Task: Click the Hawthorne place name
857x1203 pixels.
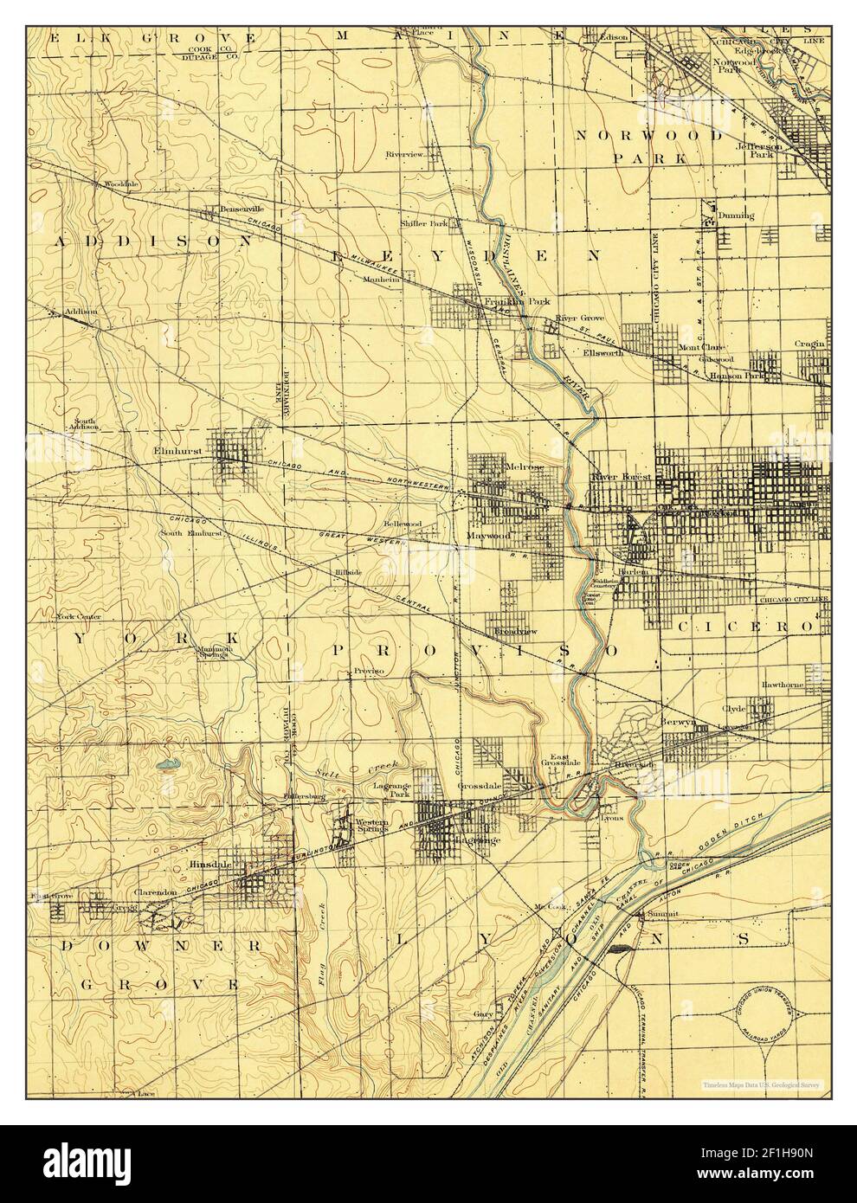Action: (782, 684)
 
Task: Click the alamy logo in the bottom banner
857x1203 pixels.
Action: (87, 1163)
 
